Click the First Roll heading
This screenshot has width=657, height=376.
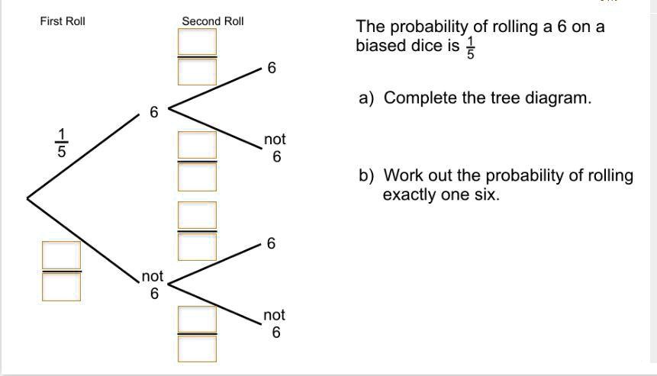tap(63, 21)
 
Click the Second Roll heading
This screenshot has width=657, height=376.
tap(213, 21)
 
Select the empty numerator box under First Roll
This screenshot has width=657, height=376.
tap(61, 255)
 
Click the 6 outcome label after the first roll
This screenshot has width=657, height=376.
tap(153, 113)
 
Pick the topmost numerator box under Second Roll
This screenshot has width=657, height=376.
tap(198, 42)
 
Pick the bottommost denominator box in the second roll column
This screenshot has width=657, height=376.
tap(198, 348)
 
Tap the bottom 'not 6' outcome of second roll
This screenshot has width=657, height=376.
tap(275, 323)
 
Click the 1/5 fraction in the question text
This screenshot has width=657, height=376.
tap(470, 47)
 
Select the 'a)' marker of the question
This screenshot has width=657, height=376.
tap(366, 98)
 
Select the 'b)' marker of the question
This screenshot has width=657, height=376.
tap(366, 176)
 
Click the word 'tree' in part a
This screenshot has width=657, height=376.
tap(504, 98)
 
